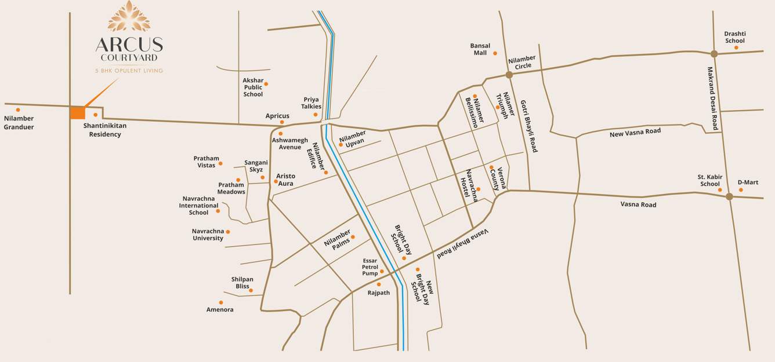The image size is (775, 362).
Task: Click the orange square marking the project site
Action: (x=77, y=112)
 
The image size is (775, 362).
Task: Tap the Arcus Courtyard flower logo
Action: (x=129, y=16)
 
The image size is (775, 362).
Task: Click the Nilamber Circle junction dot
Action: (x=509, y=75)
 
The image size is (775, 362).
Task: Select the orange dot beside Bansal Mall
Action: (x=495, y=53)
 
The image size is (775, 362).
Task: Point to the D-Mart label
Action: (x=748, y=182)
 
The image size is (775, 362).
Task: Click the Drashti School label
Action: (x=734, y=37)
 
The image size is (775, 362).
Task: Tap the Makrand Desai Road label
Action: (x=712, y=98)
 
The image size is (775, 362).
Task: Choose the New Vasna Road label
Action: (x=635, y=133)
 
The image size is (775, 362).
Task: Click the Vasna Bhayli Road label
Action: (x=463, y=243)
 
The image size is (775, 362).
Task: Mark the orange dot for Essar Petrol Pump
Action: (x=382, y=271)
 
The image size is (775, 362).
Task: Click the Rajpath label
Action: (x=379, y=293)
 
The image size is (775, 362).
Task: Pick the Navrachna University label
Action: (x=208, y=235)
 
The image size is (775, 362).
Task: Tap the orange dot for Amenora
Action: (x=221, y=302)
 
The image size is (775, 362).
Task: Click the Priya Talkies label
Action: (x=312, y=103)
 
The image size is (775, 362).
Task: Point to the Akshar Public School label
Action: (x=253, y=87)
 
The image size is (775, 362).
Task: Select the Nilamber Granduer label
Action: (x=19, y=123)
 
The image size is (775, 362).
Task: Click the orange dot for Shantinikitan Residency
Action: (x=96, y=115)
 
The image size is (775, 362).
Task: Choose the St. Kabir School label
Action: (x=709, y=180)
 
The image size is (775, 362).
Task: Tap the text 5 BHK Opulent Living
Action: (x=129, y=71)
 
